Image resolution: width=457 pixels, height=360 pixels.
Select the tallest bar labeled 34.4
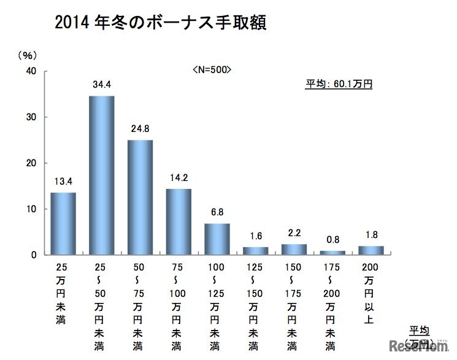(x=101, y=175)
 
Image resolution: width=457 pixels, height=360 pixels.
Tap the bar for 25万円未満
(x=63, y=223)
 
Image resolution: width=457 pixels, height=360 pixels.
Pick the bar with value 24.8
(x=140, y=197)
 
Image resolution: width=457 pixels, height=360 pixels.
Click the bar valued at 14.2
(x=179, y=221)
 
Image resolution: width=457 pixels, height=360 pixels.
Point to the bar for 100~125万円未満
(x=217, y=239)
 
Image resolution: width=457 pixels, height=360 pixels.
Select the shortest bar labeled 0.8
(x=333, y=252)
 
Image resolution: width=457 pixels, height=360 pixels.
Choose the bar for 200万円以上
(x=371, y=250)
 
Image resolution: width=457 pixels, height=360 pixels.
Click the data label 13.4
(x=63, y=182)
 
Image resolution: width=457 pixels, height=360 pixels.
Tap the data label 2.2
(x=294, y=233)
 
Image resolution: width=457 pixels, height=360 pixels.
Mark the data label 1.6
(x=255, y=236)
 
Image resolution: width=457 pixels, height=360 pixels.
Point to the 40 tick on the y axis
(x=31, y=71)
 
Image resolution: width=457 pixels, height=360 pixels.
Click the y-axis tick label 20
(x=31, y=163)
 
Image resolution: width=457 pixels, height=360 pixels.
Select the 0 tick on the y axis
(x=34, y=255)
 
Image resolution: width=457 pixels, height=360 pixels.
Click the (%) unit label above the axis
(x=26, y=55)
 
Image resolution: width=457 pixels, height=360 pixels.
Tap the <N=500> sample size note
(x=212, y=69)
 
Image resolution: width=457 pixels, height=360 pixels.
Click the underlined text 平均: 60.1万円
(x=339, y=84)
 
